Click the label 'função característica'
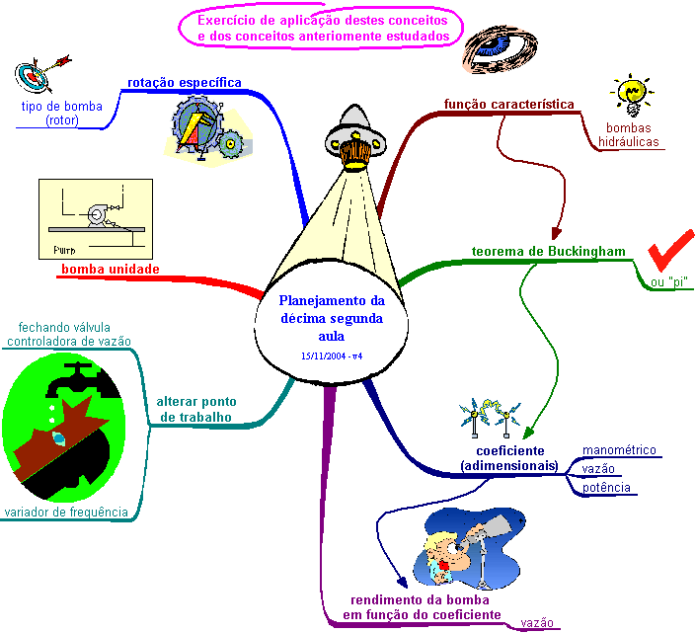(508, 103)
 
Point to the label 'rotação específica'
(185, 83)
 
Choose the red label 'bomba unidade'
(110, 269)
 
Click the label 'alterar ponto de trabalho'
(195, 409)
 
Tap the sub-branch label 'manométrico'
(619, 450)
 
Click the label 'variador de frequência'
(67, 512)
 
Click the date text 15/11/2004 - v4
(330, 355)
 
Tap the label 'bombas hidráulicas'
(629, 135)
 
